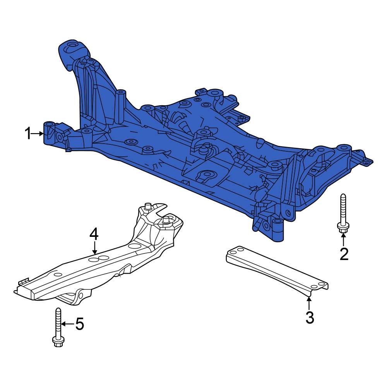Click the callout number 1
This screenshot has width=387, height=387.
point(28,134)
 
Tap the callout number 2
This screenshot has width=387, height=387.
point(344,254)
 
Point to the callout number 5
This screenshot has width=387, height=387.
point(79,324)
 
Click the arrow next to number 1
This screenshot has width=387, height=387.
point(39,134)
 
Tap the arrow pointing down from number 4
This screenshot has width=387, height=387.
point(94,248)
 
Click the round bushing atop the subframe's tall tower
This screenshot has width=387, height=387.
point(72,49)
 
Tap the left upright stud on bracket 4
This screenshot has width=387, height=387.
point(147,207)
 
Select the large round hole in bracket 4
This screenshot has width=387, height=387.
point(135,246)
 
